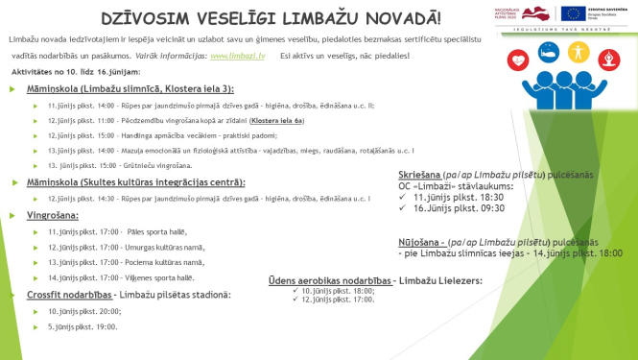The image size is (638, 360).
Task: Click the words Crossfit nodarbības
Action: point(63,295)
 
